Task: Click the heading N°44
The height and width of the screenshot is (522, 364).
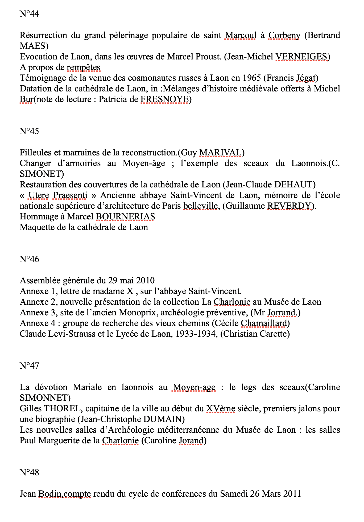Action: tap(29, 14)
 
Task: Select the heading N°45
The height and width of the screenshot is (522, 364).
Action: tap(29, 131)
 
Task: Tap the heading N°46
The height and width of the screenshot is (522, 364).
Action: tap(29, 259)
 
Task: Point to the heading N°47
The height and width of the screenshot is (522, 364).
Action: tap(29, 366)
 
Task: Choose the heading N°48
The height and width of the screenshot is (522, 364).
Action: tap(29, 472)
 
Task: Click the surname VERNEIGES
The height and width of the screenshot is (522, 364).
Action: tap(301, 57)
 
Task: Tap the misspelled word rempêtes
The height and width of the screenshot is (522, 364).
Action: tap(84, 67)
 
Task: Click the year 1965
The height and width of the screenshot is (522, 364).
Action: tap(252, 78)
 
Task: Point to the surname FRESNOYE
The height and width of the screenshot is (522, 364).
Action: tap(164, 99)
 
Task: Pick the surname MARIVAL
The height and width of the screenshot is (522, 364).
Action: tap(220, 152)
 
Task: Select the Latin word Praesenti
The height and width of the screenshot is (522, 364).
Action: tap(70, 195)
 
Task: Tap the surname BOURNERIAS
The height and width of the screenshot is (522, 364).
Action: tap(125, 216)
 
